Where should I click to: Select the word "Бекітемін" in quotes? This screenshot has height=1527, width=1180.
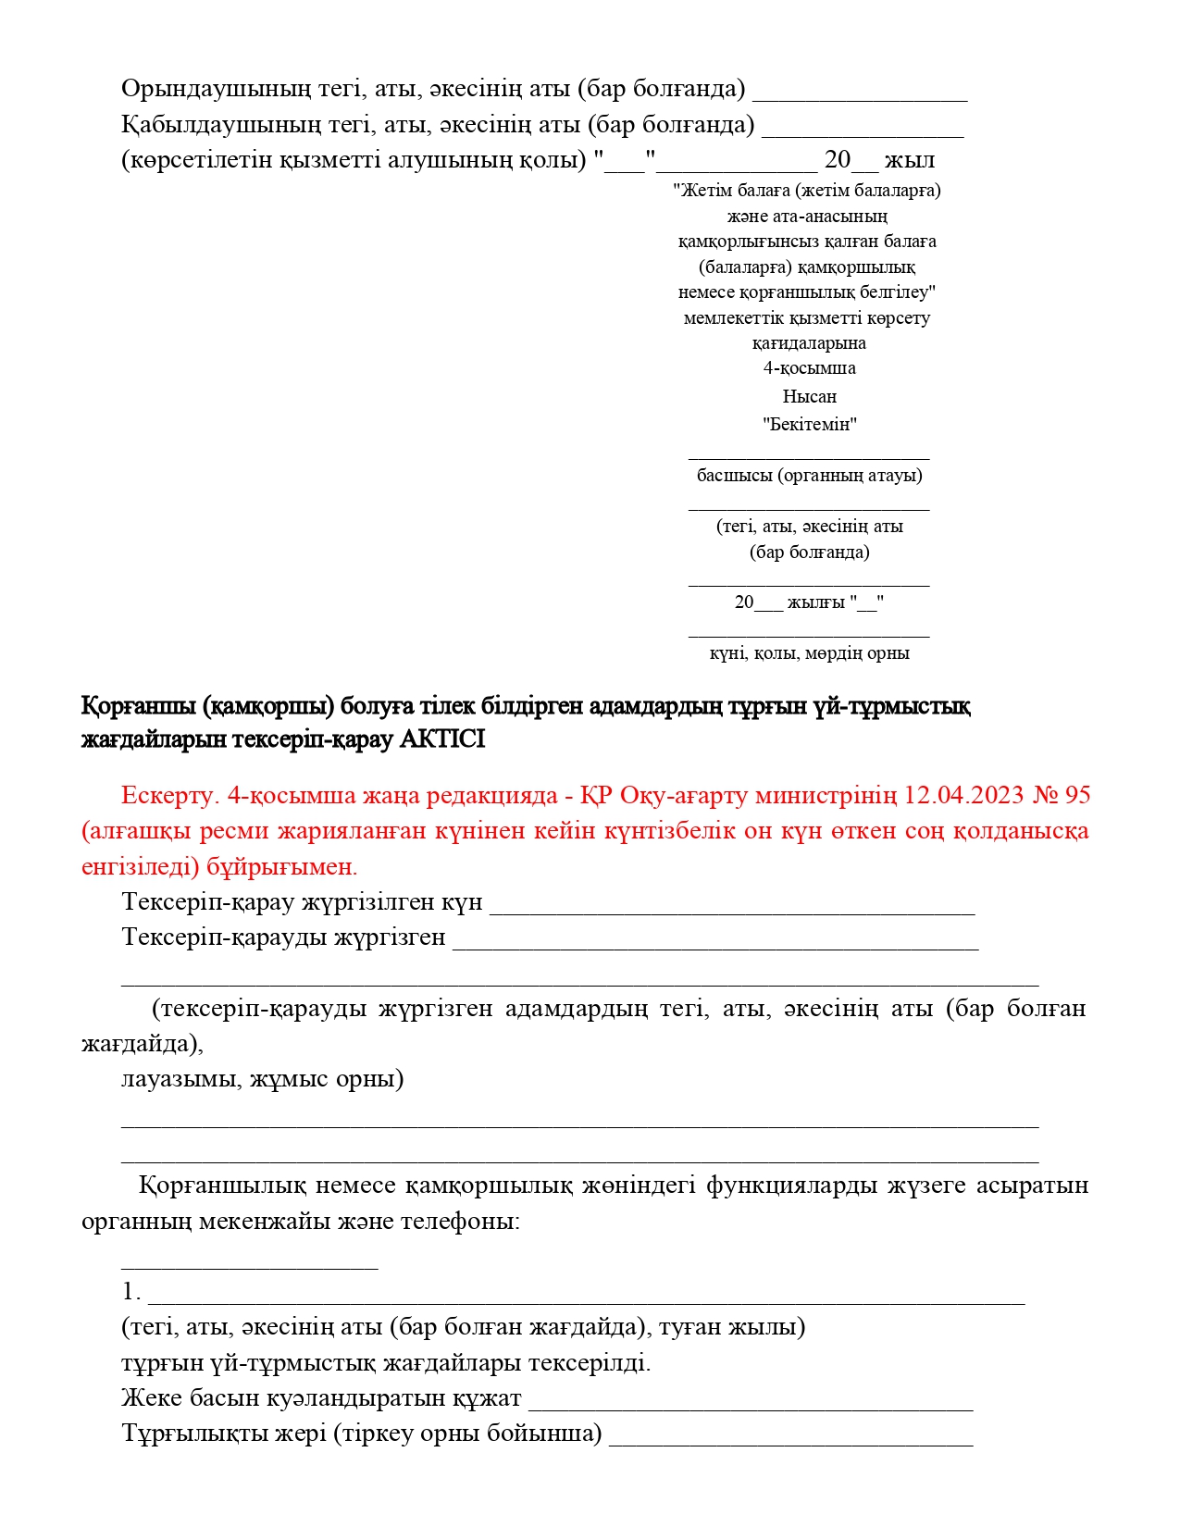[810, 425]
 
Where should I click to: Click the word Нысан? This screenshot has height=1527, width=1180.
[810, 396]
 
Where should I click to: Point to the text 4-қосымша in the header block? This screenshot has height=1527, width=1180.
[810, 368]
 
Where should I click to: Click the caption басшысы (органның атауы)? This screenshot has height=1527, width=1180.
[810, 476]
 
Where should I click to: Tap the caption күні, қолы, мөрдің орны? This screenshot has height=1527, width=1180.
[810, 653]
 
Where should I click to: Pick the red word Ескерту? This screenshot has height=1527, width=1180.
[169, 795]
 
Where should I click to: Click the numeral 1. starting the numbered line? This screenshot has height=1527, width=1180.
[130, 1292]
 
